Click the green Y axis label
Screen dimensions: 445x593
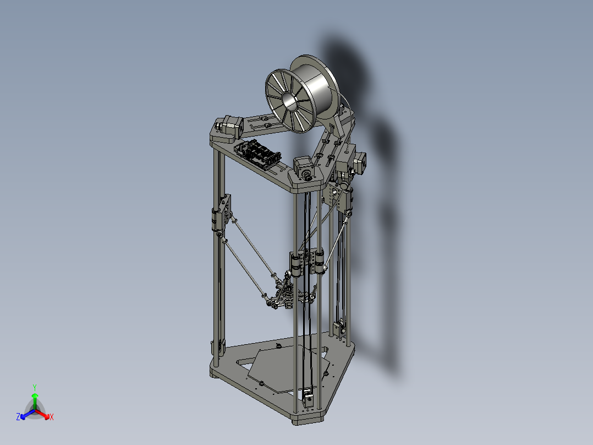[34, 387]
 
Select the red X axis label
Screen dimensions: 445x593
[52, 417]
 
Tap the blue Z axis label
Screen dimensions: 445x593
[18, 417]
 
